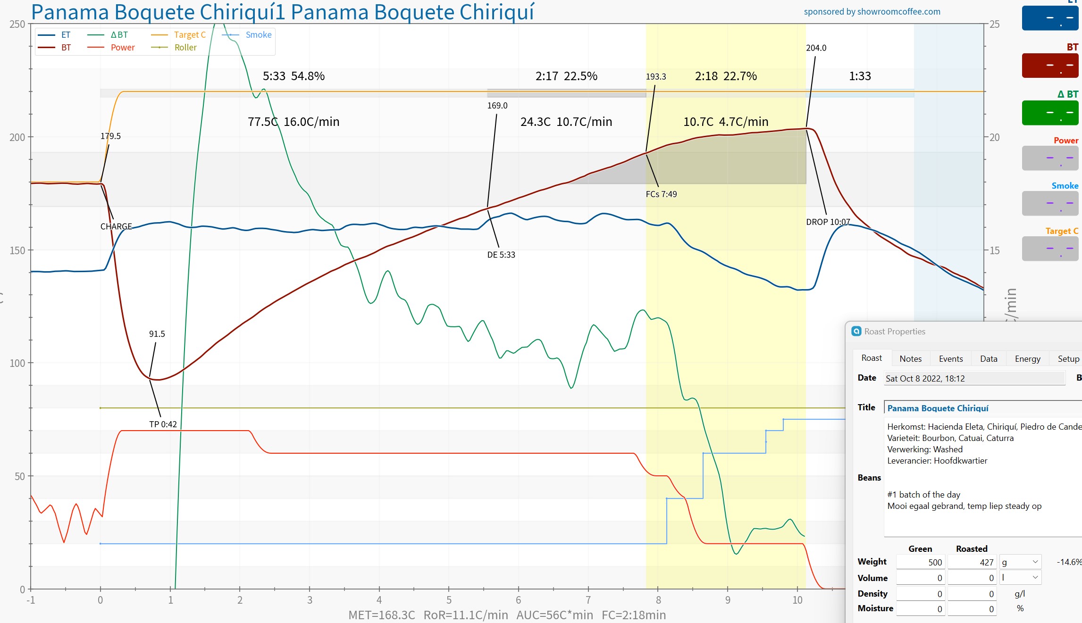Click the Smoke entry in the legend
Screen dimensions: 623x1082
[258, 35]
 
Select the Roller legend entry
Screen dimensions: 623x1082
[185, 48]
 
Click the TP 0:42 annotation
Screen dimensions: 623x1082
[163, 424]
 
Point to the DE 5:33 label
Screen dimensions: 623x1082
[501, 255]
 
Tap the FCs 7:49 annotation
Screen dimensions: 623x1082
[661, 194]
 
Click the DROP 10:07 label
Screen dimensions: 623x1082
[828, 222]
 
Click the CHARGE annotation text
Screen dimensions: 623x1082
[116, 226]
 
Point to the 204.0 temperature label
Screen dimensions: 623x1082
[816, 48]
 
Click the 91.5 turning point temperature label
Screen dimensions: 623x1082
[157, 334]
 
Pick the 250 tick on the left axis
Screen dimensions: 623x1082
[17, 24]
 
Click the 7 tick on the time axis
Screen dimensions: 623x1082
[588, 600]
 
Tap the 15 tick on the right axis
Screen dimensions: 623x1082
[994, 250]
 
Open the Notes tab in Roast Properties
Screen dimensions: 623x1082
[910, 359]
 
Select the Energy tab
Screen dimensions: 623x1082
[1027, 359]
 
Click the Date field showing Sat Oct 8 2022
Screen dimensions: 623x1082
[974, 378]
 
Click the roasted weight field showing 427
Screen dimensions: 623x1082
[971, 562]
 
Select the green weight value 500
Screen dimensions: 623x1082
[920, 562]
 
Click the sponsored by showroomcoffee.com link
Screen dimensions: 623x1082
[872, 12]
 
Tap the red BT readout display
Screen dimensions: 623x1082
[1049, 65]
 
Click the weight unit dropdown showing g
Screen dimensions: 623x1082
[1019, 562]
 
